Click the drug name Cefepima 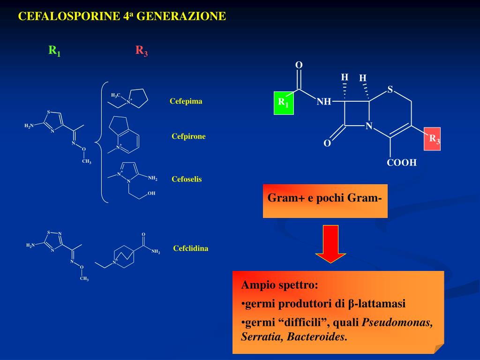pos(186,101)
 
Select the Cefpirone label pos(188,136)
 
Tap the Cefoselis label pos(187,179)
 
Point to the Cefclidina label pos(190,248)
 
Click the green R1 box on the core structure pos(283,104)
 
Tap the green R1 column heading pos(54,51)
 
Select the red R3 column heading pos(142,51)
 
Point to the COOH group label pos(401,163)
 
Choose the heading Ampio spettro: pos(279,285)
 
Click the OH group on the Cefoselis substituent pos(151,193)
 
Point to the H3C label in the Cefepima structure pos(115,95)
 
